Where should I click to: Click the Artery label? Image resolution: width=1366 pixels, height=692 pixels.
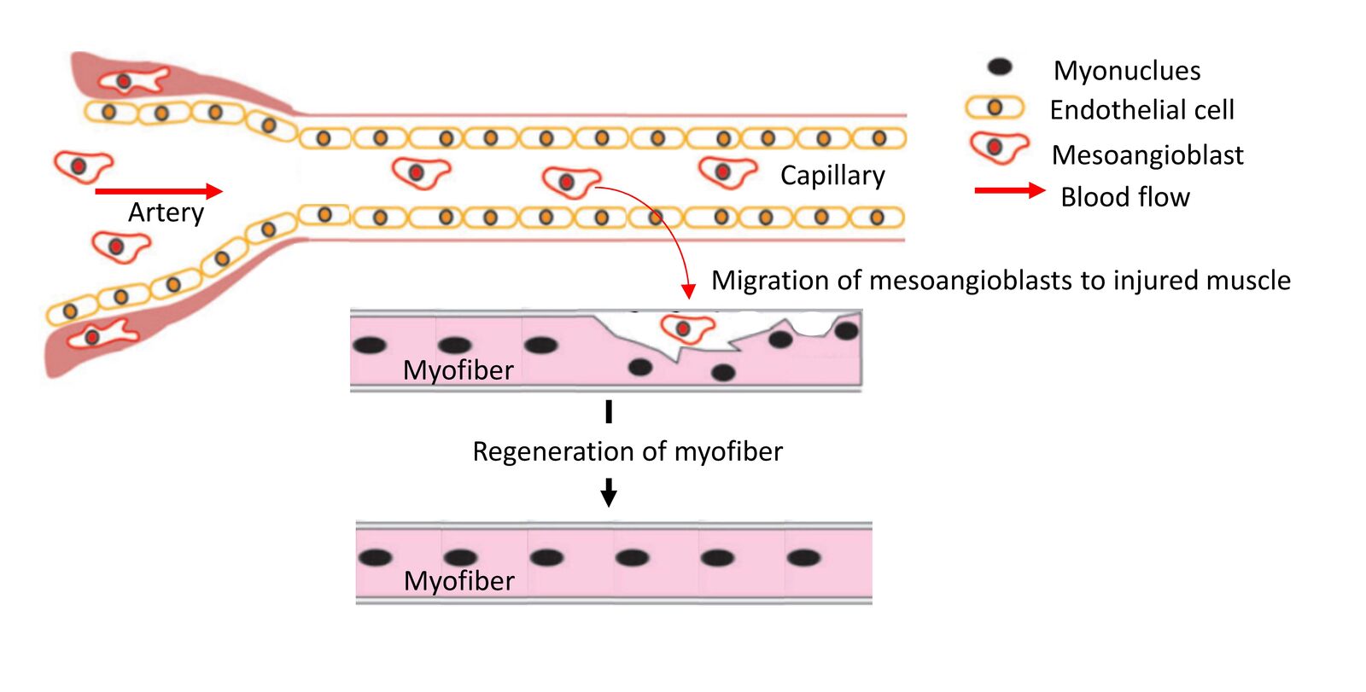(x=166, y=212)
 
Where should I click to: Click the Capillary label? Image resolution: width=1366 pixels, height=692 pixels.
(x=832, y=175)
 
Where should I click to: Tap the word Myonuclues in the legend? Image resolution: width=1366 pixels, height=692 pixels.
(x=1126, y=70)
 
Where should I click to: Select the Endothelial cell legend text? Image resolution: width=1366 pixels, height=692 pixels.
(x=1141, y=110)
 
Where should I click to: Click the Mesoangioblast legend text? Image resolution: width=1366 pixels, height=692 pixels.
(x=1147, y=154)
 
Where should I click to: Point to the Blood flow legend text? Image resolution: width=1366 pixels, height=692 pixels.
(x=1124, y=197)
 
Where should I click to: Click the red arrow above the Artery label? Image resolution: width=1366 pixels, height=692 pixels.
(x=159, y=191)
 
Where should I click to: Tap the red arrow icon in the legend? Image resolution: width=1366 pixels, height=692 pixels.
(x=1009, y=190)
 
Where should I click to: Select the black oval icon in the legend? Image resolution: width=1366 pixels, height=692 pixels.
(x=999, y=67)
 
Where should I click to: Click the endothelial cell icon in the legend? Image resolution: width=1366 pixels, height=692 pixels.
(x=994, y=108)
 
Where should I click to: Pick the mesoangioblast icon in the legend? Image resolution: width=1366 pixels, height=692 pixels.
(x=997, y=148)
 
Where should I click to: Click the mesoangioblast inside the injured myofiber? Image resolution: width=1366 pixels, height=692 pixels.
(x=686, y=329)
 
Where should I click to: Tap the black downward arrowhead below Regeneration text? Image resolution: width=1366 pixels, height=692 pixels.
(x=609, y=495)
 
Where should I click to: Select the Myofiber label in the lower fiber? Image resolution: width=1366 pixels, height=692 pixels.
(x=458, y=581)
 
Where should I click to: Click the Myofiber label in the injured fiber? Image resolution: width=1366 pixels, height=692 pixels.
(x=458, y=370)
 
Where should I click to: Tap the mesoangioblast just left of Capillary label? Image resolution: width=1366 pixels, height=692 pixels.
(x=725, y=172)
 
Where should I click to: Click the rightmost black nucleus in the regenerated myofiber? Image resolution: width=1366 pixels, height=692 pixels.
(x=803, y=558)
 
